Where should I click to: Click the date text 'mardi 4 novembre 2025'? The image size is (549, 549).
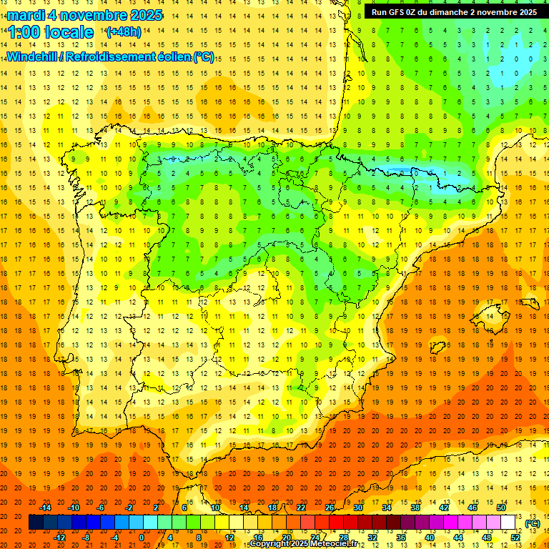coord(84,15)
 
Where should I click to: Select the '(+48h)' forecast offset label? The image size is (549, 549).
coord(123,32)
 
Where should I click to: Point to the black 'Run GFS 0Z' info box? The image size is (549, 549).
coord(454,12)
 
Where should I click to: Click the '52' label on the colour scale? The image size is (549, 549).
coord(515,537)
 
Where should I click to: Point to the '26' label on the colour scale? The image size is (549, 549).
coord(330,508)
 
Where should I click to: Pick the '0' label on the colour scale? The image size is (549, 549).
coord(142,537)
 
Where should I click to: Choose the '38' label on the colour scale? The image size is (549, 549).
coord(415,508)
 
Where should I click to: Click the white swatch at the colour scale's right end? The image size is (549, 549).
coord(508,523)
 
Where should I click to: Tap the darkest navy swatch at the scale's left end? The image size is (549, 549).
coord(36,523)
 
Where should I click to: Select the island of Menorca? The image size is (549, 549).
coord(530,303)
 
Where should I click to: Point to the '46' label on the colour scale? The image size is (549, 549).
coord(473,508)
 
